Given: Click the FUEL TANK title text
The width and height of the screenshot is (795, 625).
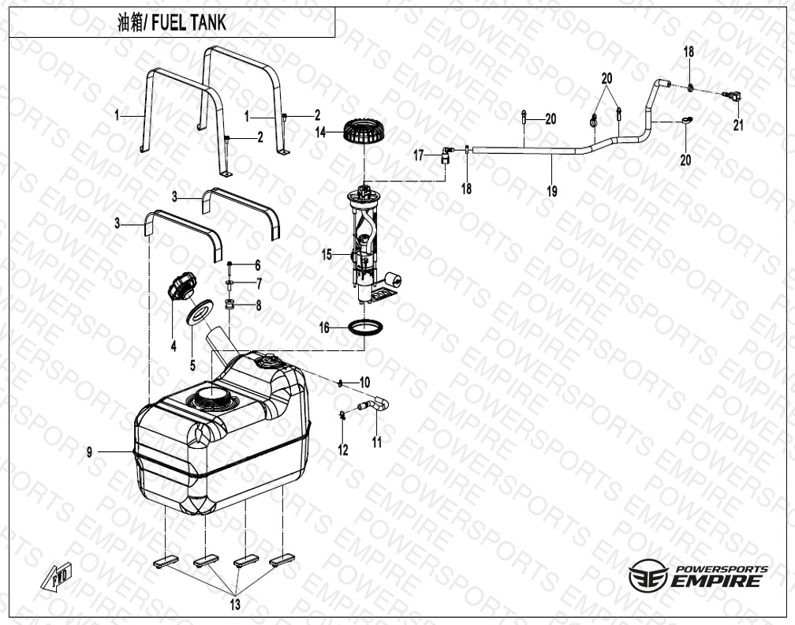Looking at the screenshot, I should click(171, 23).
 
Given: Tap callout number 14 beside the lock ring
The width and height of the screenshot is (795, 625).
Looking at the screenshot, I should click(320, 133).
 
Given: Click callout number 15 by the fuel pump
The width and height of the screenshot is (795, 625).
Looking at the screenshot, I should click(327, 254).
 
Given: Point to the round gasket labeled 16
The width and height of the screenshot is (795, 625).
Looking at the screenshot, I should click(368, 327).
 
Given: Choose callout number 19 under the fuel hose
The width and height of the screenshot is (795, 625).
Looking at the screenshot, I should click(551, 191).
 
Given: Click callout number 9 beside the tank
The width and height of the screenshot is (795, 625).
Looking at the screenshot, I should click(91, 452).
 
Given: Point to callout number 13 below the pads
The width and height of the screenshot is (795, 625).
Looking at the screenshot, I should click(235, 604).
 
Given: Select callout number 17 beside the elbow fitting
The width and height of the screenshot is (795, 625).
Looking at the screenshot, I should click(420, 155).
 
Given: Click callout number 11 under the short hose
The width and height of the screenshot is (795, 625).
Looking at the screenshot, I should click(377, 442).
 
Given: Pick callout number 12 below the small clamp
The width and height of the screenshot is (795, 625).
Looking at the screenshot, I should click(343, 450).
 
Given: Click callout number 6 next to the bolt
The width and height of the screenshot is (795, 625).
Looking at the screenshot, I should click(256, 264).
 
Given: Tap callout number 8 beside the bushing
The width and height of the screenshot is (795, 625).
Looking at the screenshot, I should click(256, 305).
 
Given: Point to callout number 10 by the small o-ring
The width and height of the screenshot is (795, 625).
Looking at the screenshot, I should click(364, 382).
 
